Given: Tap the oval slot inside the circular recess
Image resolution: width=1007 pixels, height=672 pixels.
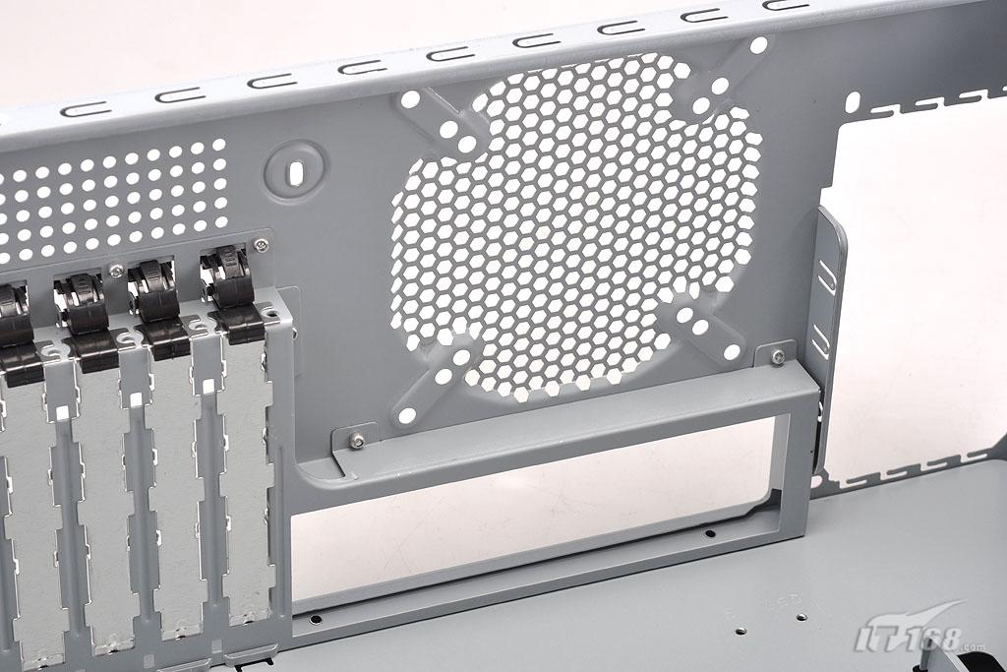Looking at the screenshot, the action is tap(295, 172).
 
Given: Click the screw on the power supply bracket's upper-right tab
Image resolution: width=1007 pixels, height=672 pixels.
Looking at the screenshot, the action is tap(778, 356).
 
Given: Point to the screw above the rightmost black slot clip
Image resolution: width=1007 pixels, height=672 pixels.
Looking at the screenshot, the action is tap(260, 245).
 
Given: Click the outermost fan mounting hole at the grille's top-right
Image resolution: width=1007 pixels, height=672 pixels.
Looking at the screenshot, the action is tap(758, 45).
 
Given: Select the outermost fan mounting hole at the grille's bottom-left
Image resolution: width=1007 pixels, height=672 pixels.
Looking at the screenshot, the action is tap(406, 415).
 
